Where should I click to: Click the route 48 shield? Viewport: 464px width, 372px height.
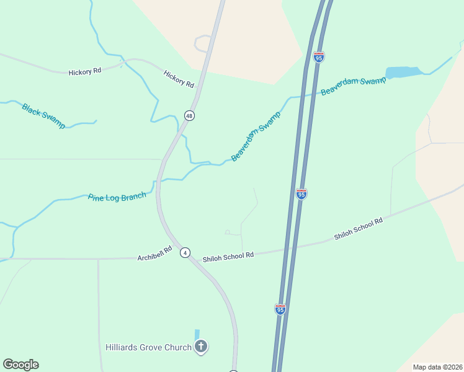pos(189,116)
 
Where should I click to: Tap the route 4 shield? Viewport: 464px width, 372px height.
pos(185,252)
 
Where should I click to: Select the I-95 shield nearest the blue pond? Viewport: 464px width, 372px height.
pos(319,57)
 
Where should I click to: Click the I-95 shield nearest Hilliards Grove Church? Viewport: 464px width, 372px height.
pos(280,309)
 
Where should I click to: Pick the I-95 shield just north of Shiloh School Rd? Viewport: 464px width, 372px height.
pos(301,194)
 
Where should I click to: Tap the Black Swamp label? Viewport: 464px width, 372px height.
pos(43,115)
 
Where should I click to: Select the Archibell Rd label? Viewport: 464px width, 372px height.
pos(154,257)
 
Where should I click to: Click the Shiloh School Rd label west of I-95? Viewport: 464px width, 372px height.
pos(228,255)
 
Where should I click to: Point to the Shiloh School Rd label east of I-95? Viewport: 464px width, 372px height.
pos(359,229)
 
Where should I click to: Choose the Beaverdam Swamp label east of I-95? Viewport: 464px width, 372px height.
pos(353,86)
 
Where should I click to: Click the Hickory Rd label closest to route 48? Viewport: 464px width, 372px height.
pos(179,79)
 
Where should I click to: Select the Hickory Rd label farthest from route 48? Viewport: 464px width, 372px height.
pos(84,72)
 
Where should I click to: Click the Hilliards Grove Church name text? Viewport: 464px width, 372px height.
pos(148,347)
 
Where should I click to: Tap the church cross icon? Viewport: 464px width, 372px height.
pos(201,347)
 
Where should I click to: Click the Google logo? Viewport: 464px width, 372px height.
pos(20,365)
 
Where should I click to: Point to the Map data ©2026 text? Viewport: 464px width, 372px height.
pos(437,367)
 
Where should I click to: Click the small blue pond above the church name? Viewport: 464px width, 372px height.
pos(197,334)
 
